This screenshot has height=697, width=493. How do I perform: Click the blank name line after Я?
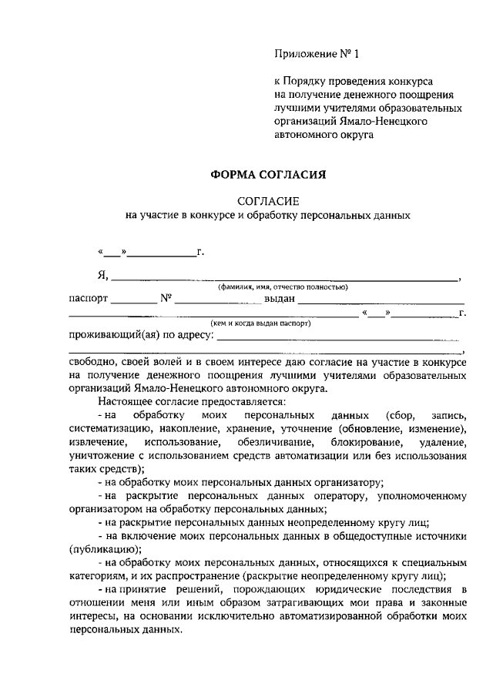285,279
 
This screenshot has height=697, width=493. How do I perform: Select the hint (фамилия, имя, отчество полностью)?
283,287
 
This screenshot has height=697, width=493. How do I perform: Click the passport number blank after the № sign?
218,302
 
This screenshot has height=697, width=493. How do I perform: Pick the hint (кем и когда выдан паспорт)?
261,324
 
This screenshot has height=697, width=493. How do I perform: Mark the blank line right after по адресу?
340,339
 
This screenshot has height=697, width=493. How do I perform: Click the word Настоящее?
125,401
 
